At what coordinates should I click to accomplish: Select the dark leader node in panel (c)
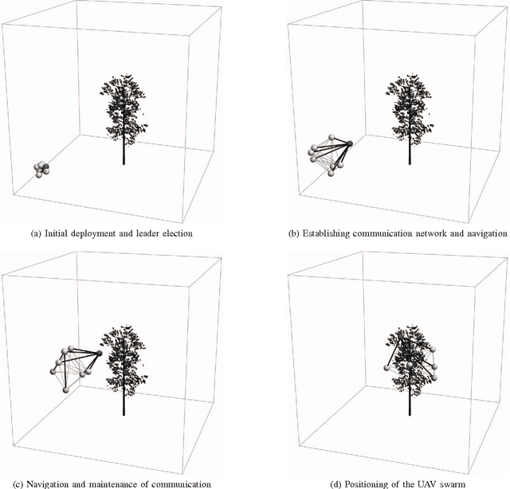point(99,353)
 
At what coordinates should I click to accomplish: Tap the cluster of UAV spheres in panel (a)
point(41,168)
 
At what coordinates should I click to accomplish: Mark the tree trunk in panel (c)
point(124,398)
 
